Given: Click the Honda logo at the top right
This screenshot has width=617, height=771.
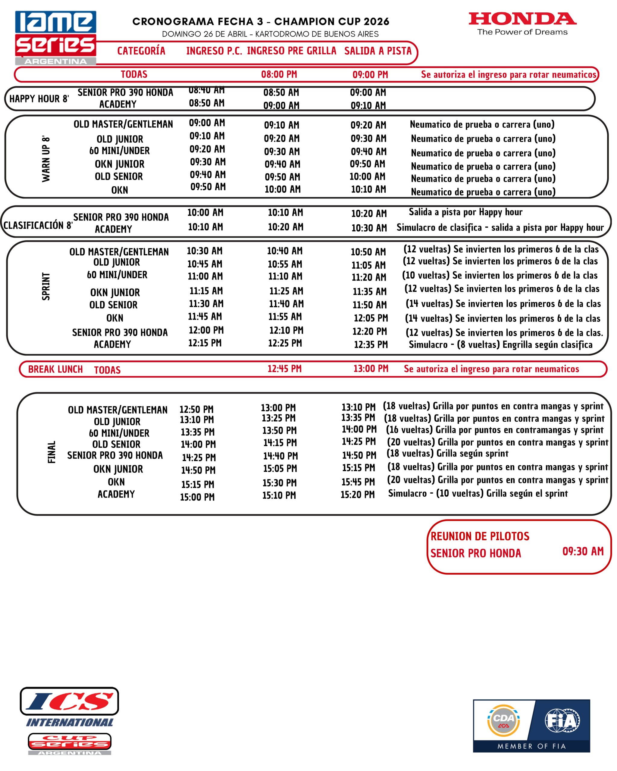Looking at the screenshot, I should click(x=522, y=23).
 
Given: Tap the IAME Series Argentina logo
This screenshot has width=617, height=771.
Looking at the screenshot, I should click(x=55, y=38).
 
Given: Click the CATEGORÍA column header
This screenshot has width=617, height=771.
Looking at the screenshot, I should click(x=141, y=51).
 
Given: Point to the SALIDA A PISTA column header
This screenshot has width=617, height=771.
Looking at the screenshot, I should click(x=378, y=51).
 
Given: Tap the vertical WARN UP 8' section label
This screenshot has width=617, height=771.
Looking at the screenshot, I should click(x=46, y=158).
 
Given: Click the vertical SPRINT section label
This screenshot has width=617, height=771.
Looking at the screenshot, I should click(x=46, y=286).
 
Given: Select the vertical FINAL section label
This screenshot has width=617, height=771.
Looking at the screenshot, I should click(x=52, y=452).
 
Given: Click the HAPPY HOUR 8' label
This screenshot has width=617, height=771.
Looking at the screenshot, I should click(x=39, y=99).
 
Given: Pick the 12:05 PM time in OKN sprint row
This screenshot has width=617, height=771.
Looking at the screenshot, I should click(x=371, y=318).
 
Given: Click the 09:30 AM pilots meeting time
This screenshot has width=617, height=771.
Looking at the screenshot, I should click(x=583, y=551).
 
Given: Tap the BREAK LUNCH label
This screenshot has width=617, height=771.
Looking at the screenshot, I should click(x=55, y=369).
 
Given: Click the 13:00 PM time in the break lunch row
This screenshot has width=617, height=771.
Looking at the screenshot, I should click(x=371, y=368).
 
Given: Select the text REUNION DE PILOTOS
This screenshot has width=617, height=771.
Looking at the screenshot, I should click(x=480, y=536).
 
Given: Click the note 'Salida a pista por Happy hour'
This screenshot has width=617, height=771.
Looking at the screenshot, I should click(x=465, y=212).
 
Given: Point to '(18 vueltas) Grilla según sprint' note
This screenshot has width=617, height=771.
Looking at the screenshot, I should click(x=447, y=454).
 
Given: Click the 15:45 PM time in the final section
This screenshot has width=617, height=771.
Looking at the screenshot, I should click(x=358, y=482).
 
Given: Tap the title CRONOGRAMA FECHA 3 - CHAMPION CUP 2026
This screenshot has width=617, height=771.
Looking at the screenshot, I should click(x=261, y=21).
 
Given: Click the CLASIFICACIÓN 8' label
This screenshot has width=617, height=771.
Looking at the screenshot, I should click(x=38, y=225).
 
